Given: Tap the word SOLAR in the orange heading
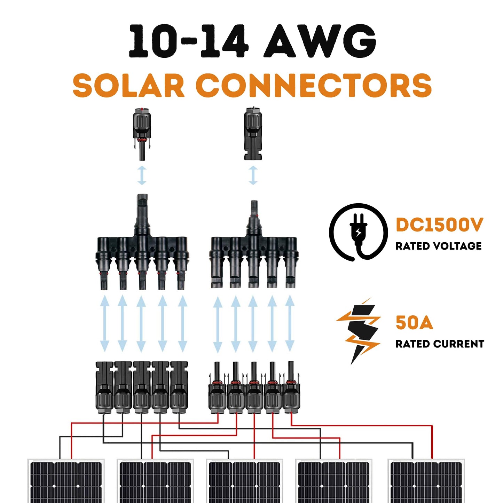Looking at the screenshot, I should click(x=128, y=86).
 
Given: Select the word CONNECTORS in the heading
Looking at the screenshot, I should click(x=313, y=86).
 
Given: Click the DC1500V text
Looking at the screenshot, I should click(x=439, y=225).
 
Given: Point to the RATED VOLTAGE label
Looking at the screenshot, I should click(x=438, y=246).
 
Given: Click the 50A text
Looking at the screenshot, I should click(x=414, y=323).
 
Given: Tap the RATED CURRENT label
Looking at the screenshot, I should click(x=440, y=344).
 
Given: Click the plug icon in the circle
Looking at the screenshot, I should click(x=359, y=232).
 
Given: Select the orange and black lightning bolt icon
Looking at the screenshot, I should click(x=359, y=331).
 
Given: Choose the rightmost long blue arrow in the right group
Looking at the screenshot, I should click(x=290, y=324).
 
